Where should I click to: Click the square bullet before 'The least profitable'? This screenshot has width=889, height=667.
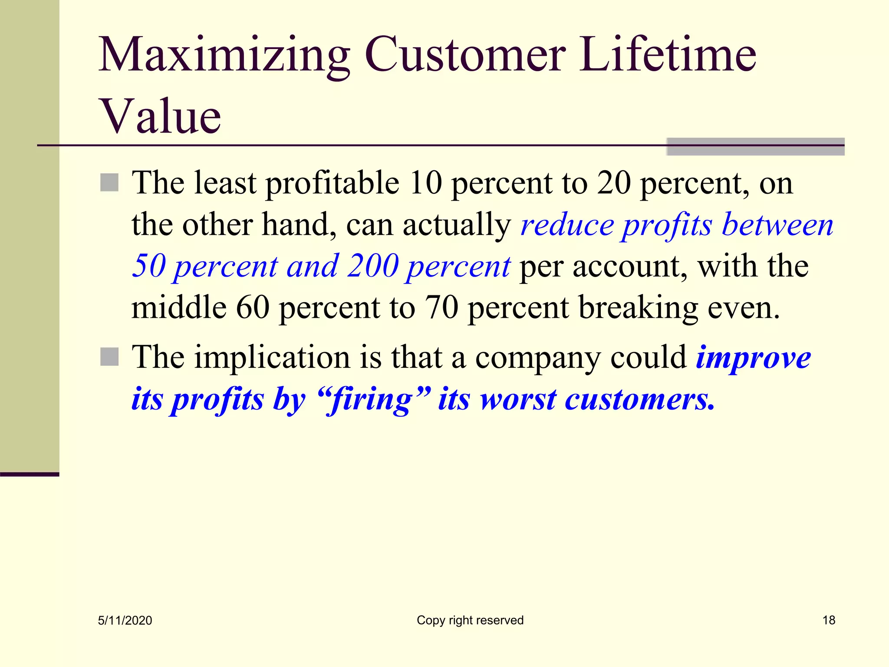click(109, 182)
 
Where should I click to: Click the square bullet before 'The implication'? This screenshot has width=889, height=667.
click(109, 357)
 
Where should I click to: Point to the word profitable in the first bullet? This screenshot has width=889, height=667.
click(332, 183)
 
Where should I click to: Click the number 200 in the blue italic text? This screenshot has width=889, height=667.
click(372, 266)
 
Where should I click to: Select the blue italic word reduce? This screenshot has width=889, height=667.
click(567, 225)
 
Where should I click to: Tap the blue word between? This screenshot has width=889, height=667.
click(777, 225)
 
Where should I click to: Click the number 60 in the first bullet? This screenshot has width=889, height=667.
click(253, 307)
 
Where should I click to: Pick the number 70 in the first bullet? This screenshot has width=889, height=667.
click(441, 307)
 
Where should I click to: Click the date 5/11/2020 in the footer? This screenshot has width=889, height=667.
click(125, 621)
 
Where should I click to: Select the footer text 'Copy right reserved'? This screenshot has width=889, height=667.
click(470, 620)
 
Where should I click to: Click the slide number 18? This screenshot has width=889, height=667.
click(829, 620)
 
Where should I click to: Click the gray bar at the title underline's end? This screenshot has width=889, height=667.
click(755, 147)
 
